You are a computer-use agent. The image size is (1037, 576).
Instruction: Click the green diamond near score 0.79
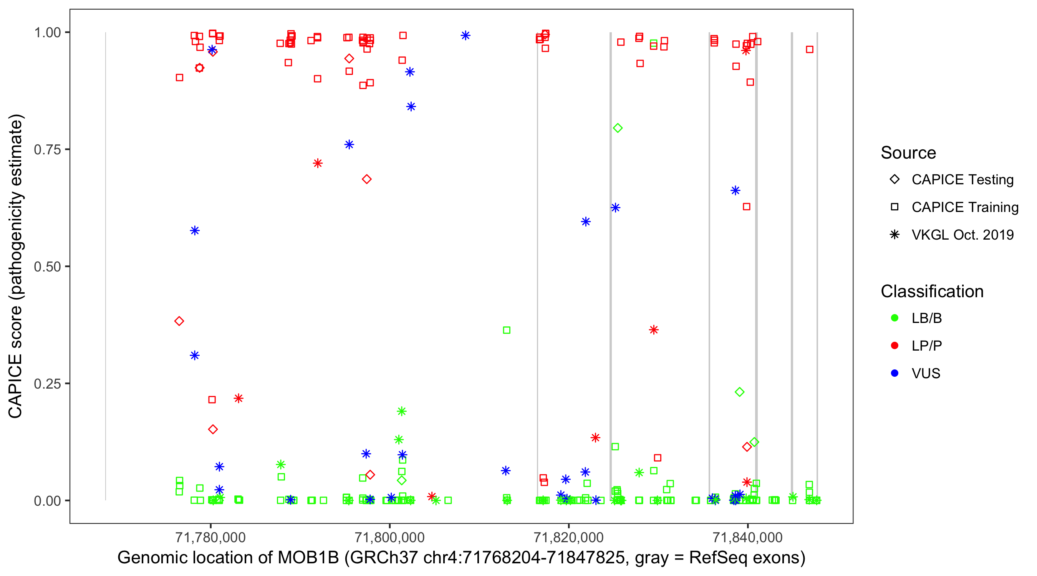pos(618,128)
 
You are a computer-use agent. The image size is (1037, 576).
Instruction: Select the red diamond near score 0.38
pos(179,321)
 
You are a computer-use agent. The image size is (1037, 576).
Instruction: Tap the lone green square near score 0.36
pos(507,330)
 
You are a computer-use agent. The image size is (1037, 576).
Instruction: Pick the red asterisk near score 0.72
pos(318,163)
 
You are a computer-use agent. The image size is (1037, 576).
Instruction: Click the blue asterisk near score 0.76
pos(349,144)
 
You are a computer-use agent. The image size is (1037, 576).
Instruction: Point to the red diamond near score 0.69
pos(366,179)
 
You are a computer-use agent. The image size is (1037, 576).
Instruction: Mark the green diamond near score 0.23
pos(739,392)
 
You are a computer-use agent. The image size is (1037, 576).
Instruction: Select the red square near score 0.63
pos(746,207)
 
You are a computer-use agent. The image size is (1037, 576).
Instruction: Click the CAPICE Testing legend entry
pos(962,180)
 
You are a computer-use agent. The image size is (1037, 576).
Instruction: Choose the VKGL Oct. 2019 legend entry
pos(962,235)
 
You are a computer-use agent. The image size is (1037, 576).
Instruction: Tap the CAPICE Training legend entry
pos(964,207)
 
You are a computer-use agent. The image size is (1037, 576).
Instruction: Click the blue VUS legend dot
pos(895,373)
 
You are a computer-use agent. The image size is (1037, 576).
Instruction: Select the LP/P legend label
pos(926,346)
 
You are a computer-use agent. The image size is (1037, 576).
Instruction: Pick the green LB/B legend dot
pos(895,318)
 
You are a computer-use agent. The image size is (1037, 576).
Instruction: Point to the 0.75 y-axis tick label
pos(47,150)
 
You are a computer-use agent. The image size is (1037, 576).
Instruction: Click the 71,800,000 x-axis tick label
pos(389,537)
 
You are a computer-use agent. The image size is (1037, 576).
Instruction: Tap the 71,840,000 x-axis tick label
pos(747,537)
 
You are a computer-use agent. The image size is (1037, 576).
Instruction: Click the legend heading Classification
pos(932,291)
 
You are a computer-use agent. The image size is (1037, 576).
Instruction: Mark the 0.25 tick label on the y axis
pos(47,384)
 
